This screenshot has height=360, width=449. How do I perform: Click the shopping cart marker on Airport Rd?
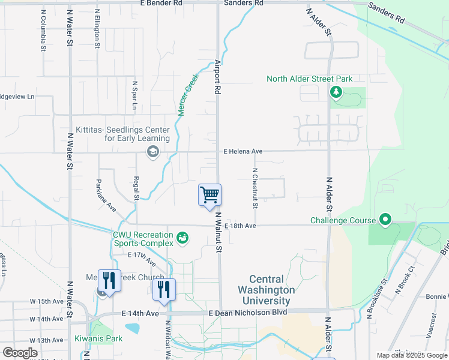click(x=209, y=195)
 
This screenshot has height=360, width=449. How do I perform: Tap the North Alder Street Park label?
click(x=309, y=79)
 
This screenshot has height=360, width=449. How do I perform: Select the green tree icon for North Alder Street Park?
click(x=336, y=92)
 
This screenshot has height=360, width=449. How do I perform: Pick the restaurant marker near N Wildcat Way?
click(x=164, y=289)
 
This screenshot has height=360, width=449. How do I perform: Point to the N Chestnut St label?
click(x=255, y=188)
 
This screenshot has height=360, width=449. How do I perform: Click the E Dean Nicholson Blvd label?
click(x=248, y=312)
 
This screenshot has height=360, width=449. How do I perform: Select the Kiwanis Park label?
click(x=98, y=338)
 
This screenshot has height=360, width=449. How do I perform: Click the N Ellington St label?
click(x=97, y=28)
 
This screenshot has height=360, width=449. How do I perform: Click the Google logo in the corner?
click(x=20, y=353)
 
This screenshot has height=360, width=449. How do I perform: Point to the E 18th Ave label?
click(x=240, y=226)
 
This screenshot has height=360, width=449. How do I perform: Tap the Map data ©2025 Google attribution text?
click(x=411, y=355)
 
